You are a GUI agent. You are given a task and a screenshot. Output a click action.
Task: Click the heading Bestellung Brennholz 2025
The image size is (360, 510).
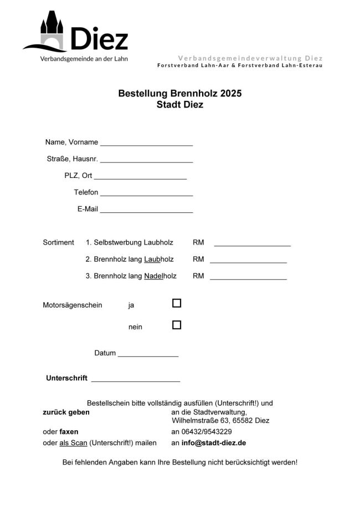179,94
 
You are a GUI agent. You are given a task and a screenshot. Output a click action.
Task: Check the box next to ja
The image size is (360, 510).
177,303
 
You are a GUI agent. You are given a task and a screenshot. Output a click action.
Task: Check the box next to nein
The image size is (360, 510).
177,325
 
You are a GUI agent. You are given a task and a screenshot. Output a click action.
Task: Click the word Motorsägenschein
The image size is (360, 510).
73,305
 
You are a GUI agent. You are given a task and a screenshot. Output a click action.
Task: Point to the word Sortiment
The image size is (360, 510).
58,242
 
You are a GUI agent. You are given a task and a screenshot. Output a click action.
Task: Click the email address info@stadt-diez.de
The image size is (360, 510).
214,443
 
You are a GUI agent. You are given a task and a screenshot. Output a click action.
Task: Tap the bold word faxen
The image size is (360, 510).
69,432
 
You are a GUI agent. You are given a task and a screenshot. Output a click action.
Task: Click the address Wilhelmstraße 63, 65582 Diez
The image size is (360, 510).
220,421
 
